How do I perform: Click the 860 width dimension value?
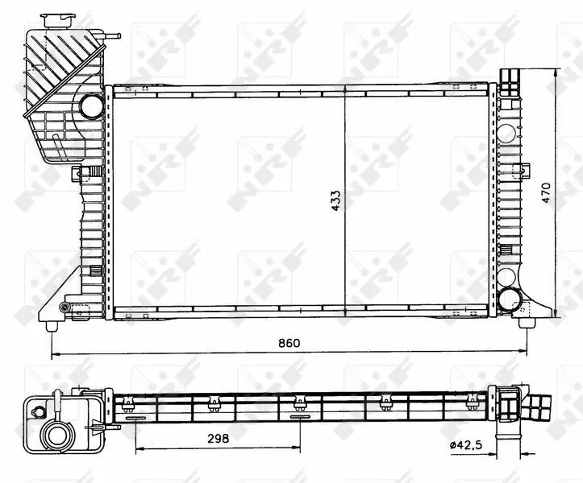(x=289, y=343)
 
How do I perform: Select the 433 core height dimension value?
(x=335, y=201)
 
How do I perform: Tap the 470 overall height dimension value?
(x=546, y=192)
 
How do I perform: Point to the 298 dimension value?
(x=219, y=439)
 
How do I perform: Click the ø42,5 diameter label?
(x=466, y=444)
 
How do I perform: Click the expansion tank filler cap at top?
(x=57, y=20)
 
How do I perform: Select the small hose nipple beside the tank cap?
(x=112, y=36)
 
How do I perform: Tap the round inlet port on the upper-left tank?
(x=91, y=106)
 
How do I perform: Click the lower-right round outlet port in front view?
(x=509, y=299)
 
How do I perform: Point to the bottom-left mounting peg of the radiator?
(x=52, y=326)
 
